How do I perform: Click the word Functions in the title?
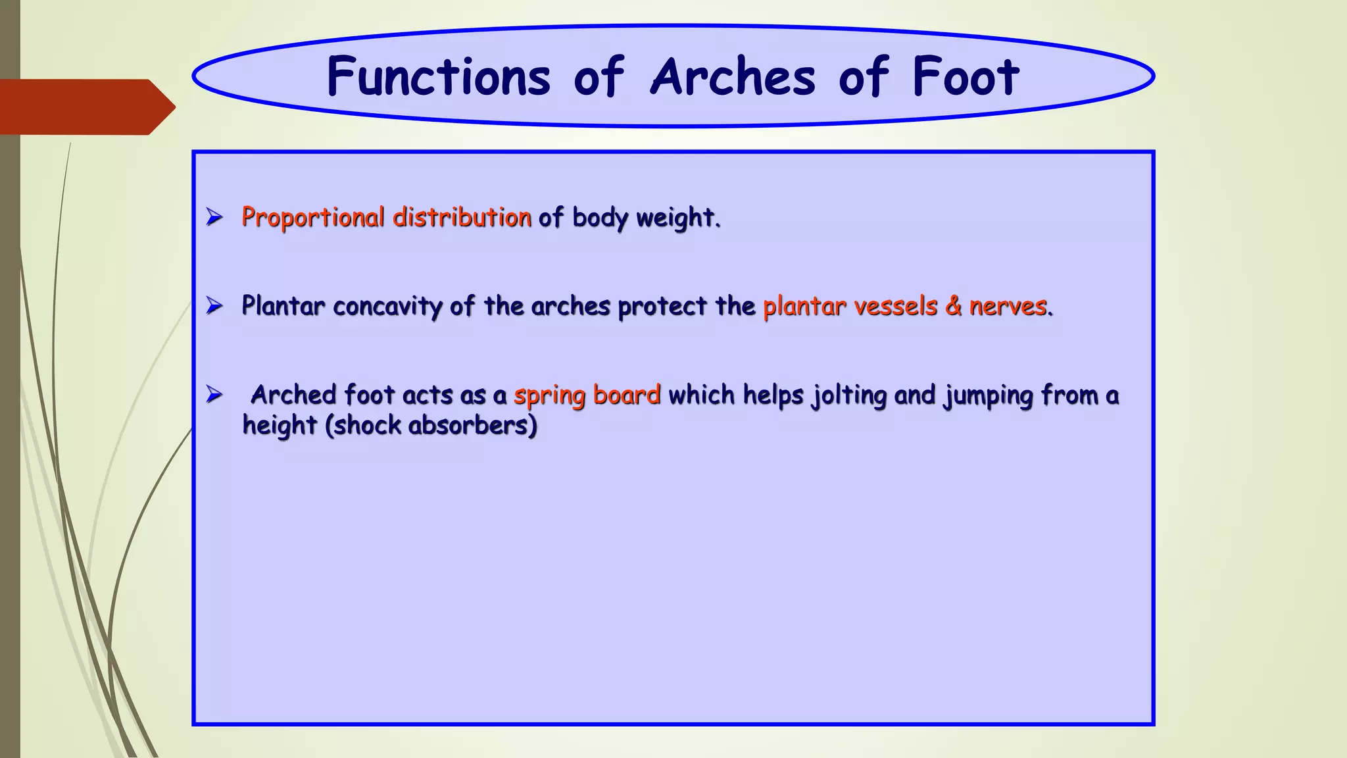(x=438, y=77)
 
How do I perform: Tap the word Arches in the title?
(x=733, y=77)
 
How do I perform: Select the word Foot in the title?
(x=965, y=77)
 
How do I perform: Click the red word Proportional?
(x=312, y=218)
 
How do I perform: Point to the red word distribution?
(x=462, y=218)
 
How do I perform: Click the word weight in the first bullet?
(x=677, y=218)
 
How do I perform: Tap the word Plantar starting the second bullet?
(x=283, y=306)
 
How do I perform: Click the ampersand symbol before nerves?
(x=953, y=307)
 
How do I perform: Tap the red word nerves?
(x=1009, y=307)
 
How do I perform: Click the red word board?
(x=626, y=395)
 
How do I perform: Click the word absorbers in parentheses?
(x=472, y=425)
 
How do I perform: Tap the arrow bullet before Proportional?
(x=214, y=216)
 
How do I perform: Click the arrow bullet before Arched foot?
(x=214, y=394)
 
